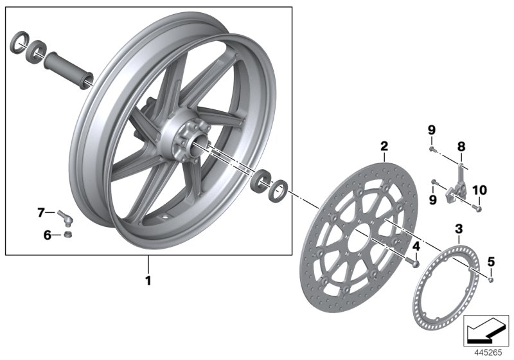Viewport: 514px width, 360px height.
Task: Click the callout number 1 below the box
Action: click(148, 281)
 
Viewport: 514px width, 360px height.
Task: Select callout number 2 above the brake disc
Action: click(384, 147)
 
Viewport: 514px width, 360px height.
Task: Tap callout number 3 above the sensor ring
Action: click(459, 229)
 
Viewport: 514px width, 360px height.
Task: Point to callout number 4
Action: click(416, 246)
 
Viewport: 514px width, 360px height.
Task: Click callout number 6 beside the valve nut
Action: click(47, 235)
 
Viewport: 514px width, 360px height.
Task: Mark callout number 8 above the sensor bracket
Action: click(461, 147)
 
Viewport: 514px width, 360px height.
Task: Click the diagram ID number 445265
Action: click(489, 352)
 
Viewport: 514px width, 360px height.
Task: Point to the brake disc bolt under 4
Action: click(415, 264)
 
